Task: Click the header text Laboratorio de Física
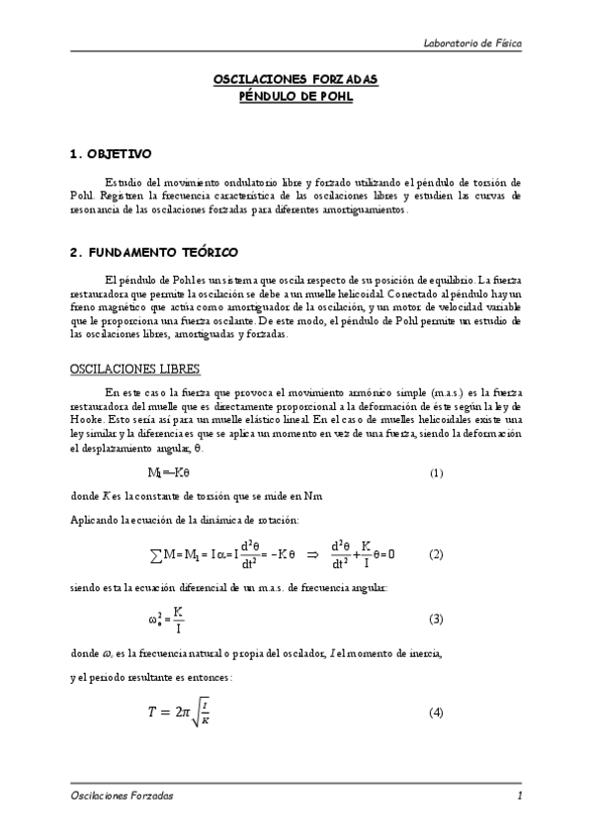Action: pos(472,44)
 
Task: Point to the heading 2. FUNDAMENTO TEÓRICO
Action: pos(153,253)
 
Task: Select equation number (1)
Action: pos(436,473)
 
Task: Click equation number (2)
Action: pos(436,554)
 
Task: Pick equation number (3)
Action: pos(436,619)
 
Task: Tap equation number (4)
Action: pos(436,712)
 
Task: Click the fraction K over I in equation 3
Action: pos(178,620)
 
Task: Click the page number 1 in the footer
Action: pos(519,795)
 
